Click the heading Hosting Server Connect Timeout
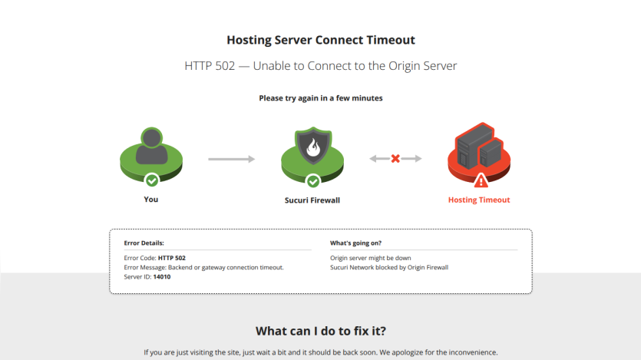[321, 40]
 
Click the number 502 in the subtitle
[224, 66]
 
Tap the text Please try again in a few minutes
[321, 98]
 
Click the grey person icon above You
[152, 147]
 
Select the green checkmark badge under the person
[152, 180]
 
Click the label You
[151, 200]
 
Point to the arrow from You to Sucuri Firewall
[231, 159]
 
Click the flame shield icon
[313, 146]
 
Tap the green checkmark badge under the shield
[313, 181]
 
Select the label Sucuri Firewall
[312, 200]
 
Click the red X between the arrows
[395, 159]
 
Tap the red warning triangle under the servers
[481, 180]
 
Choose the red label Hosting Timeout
[479, 200]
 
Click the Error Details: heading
[144, 243]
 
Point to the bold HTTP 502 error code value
[172, 258]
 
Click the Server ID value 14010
[162, 277]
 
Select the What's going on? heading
[355, 243]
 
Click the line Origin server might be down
[371, 258]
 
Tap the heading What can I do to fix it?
[321, 331]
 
